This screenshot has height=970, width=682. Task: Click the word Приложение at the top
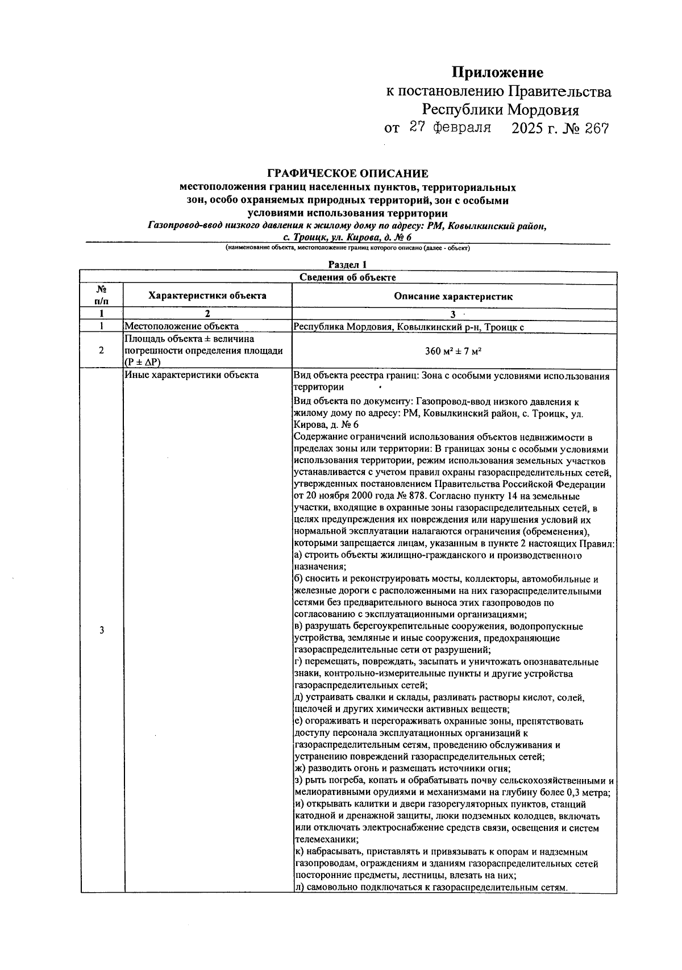point(497,73)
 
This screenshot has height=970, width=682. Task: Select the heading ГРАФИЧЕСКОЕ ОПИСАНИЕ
point(348,173)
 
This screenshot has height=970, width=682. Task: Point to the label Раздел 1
point(348,264)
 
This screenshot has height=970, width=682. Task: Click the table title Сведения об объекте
point(348,277)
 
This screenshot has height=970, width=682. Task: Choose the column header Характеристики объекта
point(207,295)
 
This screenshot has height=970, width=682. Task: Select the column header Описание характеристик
point(454,296)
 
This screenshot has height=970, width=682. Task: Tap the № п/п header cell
point(101,295)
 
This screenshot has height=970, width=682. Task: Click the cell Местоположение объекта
point(181,326)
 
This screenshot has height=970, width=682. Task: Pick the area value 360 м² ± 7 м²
point(454,351)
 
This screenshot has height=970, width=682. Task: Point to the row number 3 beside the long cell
point(101,630)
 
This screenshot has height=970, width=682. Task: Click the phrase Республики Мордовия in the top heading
point(500,110)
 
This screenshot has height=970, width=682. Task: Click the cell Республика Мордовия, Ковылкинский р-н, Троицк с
point(408,326)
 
